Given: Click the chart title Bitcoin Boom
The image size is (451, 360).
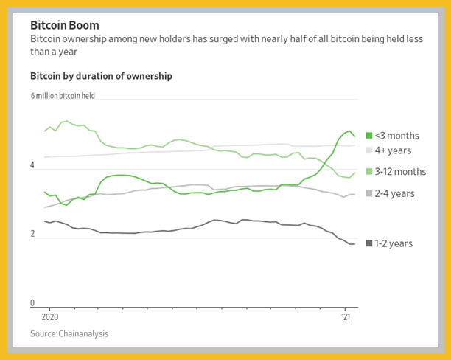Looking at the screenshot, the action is pyautogui.click(x=65, y=25).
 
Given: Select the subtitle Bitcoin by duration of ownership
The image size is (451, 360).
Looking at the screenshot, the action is pyautogui.click(x=101, y=76).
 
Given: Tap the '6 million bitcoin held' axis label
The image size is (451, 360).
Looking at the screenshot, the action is pyautogui.click(x=63, y=96).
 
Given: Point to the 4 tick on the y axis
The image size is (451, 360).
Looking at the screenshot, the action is pyautogui.click(x=32, y=165).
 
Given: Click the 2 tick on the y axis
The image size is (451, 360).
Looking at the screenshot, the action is pyautogui.click(x=32, y=234).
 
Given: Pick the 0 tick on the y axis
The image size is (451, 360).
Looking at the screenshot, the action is pyautogui.click(x=32, y=302).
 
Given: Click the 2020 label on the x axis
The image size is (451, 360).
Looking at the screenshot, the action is pyautogui.click(x=50, y=316).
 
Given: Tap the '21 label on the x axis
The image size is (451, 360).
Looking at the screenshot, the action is pyautogui.click(x=346, y=316).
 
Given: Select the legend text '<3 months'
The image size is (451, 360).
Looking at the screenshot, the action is pyautogui.click(x=397, y=136).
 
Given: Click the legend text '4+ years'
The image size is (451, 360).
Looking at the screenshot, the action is pyautogui.click(x=393, y=150).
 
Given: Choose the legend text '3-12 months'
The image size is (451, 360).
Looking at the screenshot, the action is pyautogui.click(x=400, y=172).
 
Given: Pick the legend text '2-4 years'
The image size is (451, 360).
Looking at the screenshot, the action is pyautogui.click(x=395, y=193).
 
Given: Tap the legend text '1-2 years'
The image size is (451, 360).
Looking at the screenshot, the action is pyautogui.click(x=394, y=243).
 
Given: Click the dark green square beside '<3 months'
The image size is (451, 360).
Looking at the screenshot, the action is pyautogui.click(x=368, y=135).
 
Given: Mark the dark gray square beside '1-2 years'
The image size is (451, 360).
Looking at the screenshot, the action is pyautogui.click(x=368, y=243).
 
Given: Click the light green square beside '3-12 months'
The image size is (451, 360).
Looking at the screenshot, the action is pyautogui.click(x=368, y=172).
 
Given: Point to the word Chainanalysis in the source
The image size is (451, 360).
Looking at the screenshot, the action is pyautogui.click(x=83, y=333).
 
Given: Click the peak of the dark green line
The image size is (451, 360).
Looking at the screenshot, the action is pyautogui.click(x=349, y=131).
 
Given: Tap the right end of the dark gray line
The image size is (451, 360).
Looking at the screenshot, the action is pyautogui.click(x=354, y=244).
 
